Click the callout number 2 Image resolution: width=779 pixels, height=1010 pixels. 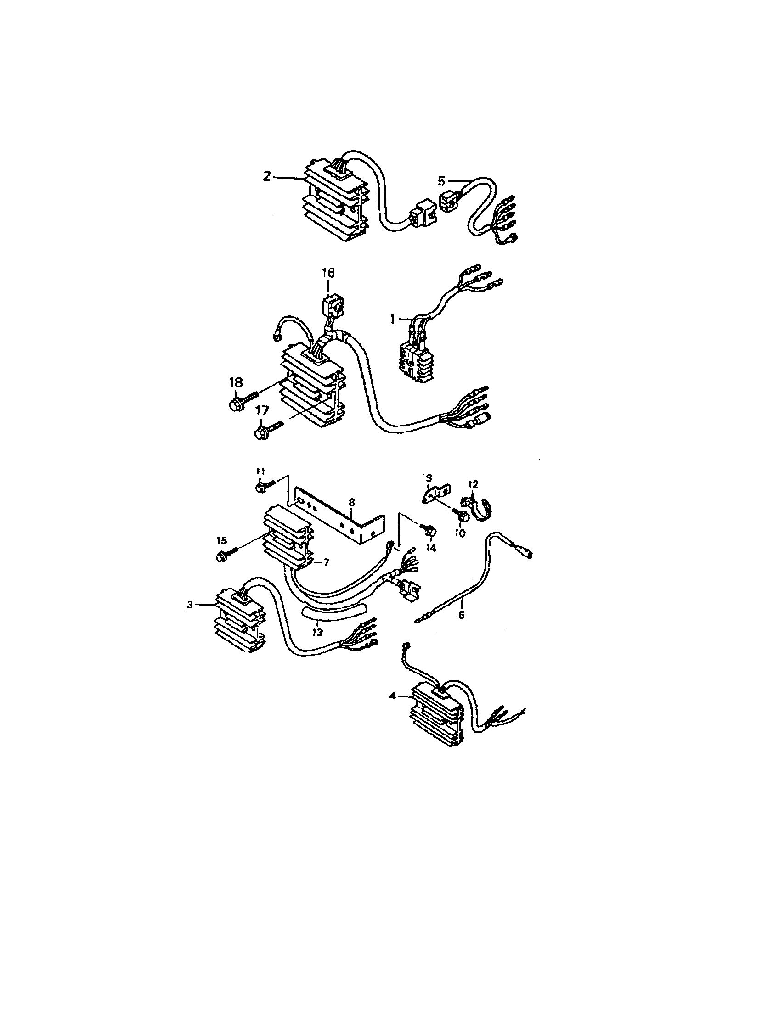[267, 177]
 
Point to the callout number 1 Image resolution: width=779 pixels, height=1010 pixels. [393, 319]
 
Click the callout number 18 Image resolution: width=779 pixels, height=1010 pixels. [235, 382]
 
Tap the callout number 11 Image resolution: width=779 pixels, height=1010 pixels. [260, 471]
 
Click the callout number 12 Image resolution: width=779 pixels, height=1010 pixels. [472, 484]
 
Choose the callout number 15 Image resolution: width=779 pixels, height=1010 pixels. [222, 540]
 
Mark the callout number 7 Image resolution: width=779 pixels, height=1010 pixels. [326, 562]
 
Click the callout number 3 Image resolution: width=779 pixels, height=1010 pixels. [190, 605]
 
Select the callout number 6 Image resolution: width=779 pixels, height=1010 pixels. [461, 616]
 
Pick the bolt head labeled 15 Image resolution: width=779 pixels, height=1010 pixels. [221, 558]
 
